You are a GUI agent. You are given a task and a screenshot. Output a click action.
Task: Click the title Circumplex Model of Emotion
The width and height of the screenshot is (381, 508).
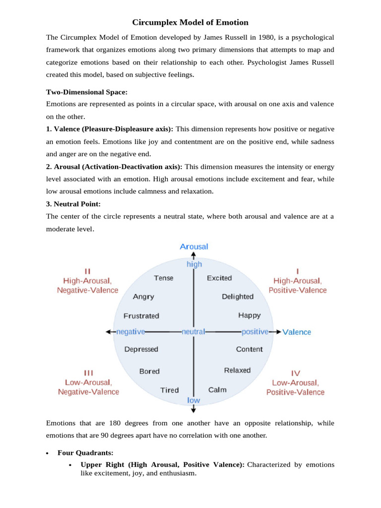[x=190, y=22]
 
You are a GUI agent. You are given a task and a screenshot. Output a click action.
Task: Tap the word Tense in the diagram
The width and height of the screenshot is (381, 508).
[x=164, y=278]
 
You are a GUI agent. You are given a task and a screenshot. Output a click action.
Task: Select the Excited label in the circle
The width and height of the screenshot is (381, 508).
[x=219, y=278]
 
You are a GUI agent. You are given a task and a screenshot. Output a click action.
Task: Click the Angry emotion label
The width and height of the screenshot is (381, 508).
[x=143, y=297]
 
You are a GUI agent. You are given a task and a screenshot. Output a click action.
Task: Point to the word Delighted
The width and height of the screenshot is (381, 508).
[x=238, y=297]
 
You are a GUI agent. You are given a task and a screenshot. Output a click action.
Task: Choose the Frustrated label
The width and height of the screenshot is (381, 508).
[x=141, y=316]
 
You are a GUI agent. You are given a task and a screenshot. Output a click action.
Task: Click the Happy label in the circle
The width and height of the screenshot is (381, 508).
[x=249, y=316]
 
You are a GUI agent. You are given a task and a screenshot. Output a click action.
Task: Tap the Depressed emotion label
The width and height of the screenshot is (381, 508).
[x=141, y=349]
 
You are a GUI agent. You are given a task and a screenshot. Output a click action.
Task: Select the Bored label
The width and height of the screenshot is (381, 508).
[x=149, y=371]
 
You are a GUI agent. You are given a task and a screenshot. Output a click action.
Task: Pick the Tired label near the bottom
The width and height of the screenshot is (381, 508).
[x=170, y=390]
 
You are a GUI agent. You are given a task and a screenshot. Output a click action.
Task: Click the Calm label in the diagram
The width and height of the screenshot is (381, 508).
[x=217, y=390]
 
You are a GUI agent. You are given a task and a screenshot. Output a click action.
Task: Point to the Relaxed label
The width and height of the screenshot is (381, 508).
[x=238, y=370]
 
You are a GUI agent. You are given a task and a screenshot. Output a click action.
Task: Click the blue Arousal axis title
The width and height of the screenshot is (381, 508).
[x=194, y=247]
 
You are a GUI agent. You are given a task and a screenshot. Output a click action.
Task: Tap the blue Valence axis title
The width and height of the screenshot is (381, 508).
[x=297, y=332]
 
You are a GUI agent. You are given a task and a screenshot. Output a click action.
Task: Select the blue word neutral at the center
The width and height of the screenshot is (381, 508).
[x=193, y=331]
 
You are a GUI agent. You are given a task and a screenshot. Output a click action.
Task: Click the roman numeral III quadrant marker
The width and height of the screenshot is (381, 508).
[x=88, y=373]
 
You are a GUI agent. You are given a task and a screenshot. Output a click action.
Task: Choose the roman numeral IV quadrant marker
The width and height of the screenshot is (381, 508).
[x=296, y=373]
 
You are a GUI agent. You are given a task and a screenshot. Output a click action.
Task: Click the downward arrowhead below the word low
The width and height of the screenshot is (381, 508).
[x=193, y=410]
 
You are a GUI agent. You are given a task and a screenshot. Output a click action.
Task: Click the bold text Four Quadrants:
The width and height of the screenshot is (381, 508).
[x=85, y=453]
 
